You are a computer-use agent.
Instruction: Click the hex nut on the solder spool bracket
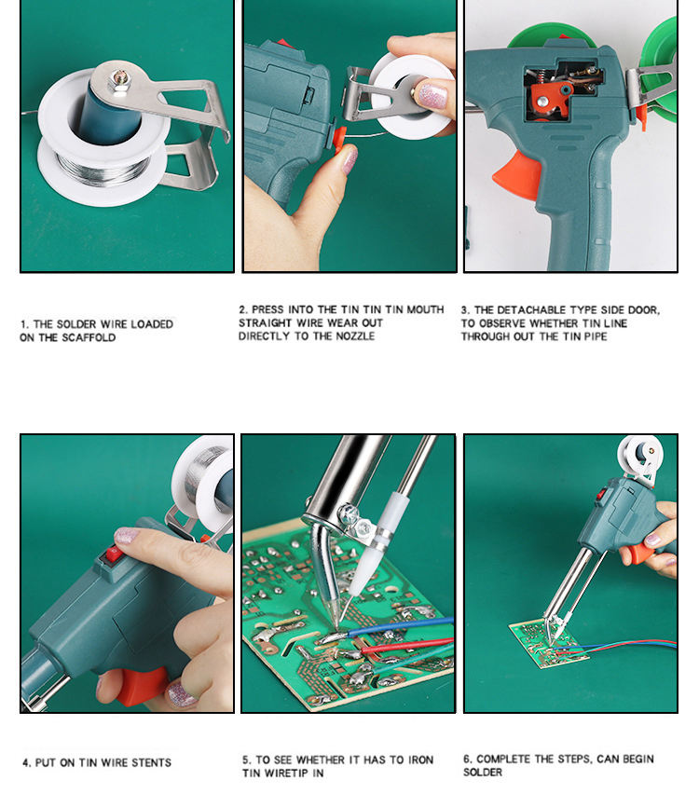click(119, 81)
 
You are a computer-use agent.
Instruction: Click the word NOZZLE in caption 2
click(355, 336)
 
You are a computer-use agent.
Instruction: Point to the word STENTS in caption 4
click(151, 762)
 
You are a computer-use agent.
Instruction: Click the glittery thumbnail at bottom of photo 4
click(182, 692)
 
